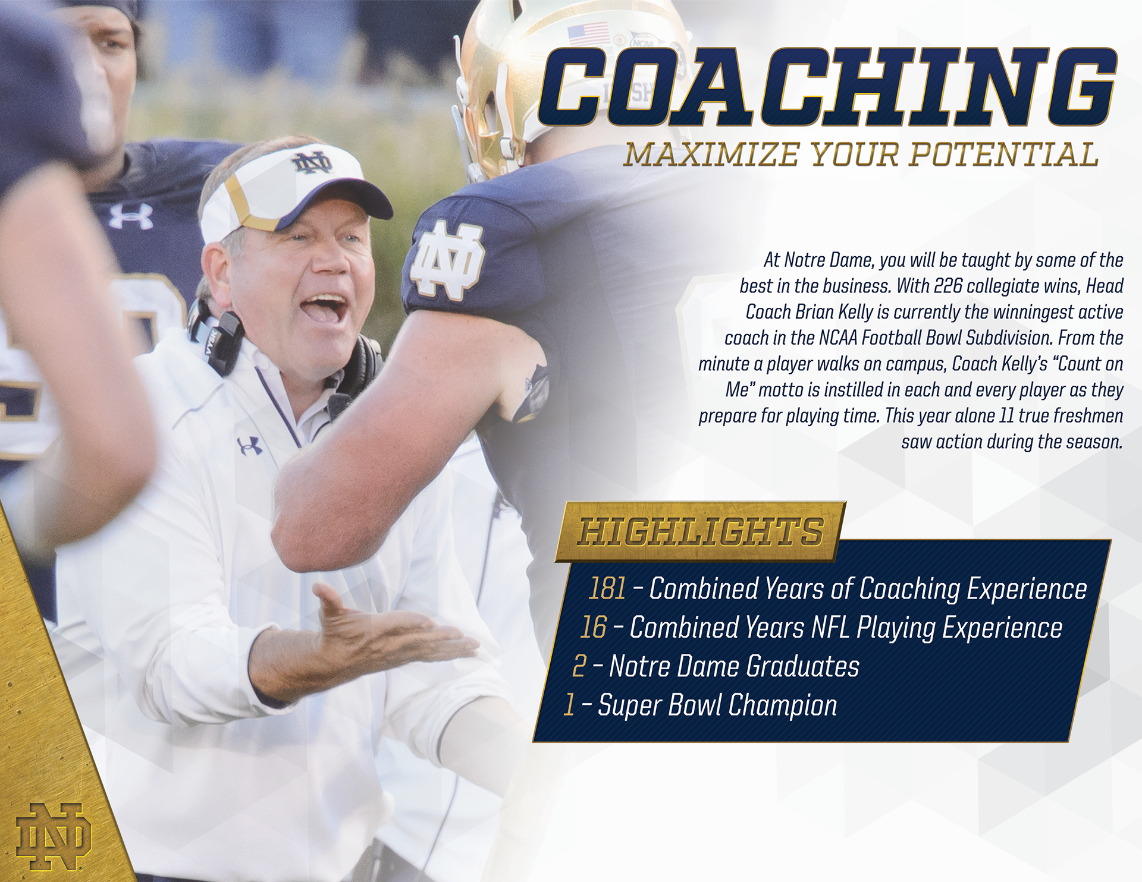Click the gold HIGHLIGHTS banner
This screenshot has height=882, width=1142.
(x=700, y=531)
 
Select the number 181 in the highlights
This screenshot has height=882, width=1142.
(x=607, y=588)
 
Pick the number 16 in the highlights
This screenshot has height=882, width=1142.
(x=593, y=627)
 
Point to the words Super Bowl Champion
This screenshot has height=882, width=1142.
(x=717, y=705)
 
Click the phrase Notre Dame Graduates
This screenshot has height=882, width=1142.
(x=734, y=666)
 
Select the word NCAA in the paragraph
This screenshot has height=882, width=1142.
(x=838, y=338)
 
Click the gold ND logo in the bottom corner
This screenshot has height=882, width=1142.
(x=54, y=837)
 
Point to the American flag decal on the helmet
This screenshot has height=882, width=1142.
(x=588, y=34)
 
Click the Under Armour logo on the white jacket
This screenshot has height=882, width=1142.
(x=250, y=445)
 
